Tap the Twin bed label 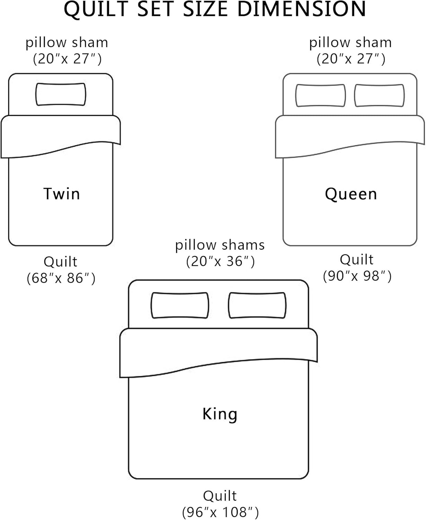click(x=62, y=193)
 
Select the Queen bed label click(x=351, y=194)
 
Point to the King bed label click(x=220, y=414)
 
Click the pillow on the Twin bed click(x=61, y=94)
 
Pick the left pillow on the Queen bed click(x=320, y=95)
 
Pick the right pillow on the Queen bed click(x=379, y=95)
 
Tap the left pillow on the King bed click(x=180, y=305)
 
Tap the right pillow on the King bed click(x=257, y=305)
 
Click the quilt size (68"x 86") click(x=61, y=278)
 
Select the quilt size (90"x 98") click(x=357, y=276)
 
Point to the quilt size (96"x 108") click(x=220, y=512)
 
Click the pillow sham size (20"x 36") click(x=220, y=261)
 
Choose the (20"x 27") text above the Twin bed click(x=67, y=59)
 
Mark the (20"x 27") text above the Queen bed click(x=351, y=59)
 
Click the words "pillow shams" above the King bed click(x=220, y=245)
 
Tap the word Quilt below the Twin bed click(x=61, y=261)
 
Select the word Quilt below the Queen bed click(x=357, y=259)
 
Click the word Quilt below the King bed click(x=220, y=496)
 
